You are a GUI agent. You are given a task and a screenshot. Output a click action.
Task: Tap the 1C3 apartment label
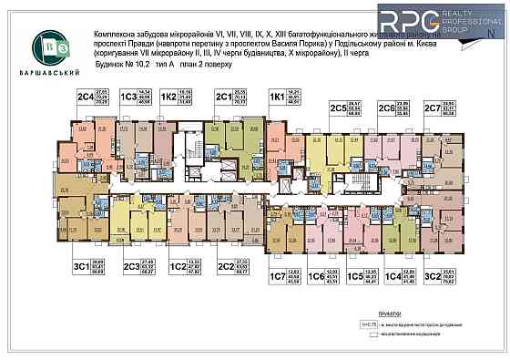128,96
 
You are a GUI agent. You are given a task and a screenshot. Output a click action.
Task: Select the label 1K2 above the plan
168,96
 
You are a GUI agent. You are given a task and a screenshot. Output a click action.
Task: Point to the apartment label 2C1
222,96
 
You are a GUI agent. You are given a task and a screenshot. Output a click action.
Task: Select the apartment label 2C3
131,266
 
